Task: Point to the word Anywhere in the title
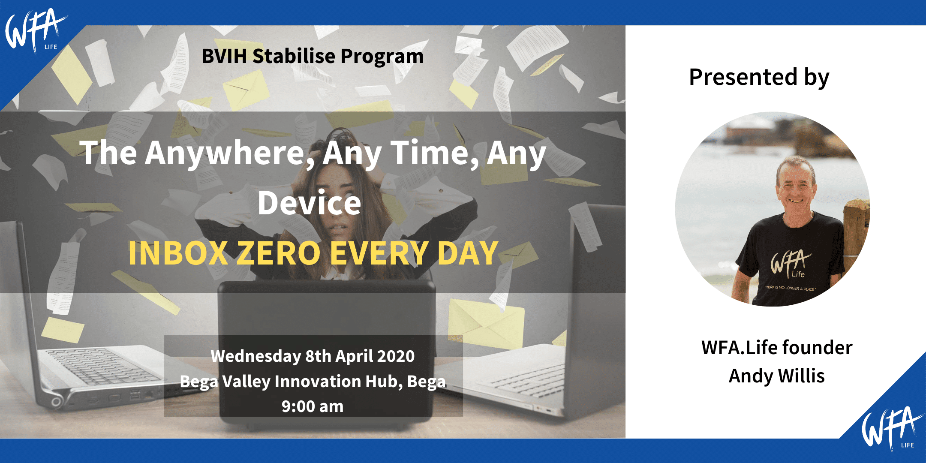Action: pos(230,153)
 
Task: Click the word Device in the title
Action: pos(309,203)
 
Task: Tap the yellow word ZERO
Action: pos(279,253)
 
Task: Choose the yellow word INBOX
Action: pos(178,253)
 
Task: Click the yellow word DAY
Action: pos(468,253)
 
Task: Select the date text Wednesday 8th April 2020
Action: pos(313,356)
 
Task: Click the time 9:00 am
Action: pos(313,406)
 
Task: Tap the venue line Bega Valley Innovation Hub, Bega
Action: pos(313,382)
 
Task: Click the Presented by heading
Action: pos(759,78)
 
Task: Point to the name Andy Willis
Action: pos(776,376)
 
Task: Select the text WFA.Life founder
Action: pos(777,348)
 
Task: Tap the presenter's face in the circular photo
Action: pos(796,186)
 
